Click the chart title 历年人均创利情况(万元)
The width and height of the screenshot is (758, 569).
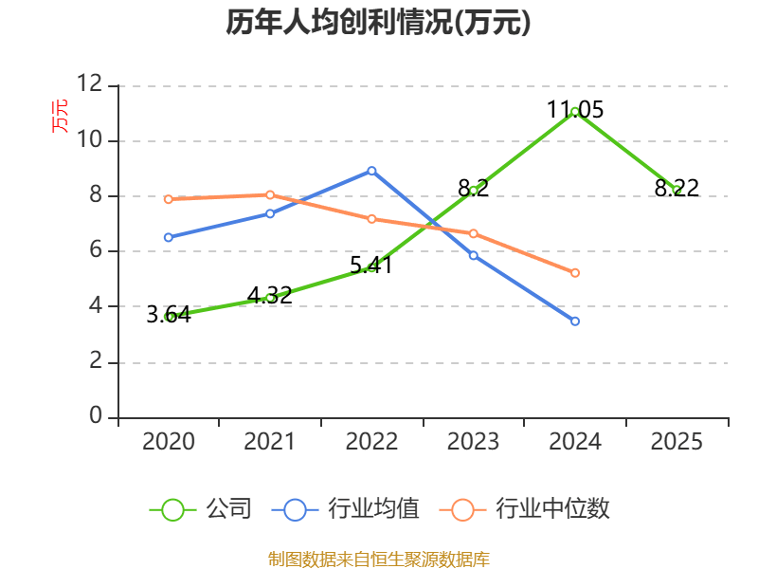click(x=378, y=22)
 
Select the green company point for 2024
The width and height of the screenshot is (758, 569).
click(x=575, y=112)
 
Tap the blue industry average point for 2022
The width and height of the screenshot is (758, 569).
click(x=371, y=171)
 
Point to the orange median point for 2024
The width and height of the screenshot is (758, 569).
click(x=575, y=273)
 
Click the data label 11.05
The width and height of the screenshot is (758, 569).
click(x=575, y=109)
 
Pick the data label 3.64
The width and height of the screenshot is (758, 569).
click(x=169, y=314)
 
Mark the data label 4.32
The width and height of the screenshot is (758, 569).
click(x=269, y=295)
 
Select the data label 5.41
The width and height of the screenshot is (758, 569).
click(x=371, y=265)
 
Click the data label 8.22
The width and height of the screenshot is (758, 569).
click(x=677, y=188)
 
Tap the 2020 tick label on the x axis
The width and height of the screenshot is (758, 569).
click(x=169, y=441)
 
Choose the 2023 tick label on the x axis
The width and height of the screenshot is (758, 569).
click(x=473, y=441)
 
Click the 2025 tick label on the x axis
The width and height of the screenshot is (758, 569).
click(x=677, y=441)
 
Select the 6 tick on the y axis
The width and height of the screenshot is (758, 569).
click(x=96, y=251)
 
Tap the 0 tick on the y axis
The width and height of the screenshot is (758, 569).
click(x=96, y=417)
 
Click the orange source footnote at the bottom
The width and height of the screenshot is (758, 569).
click(x=379, y=560)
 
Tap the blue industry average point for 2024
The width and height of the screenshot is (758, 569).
click(x=575, y=321)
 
